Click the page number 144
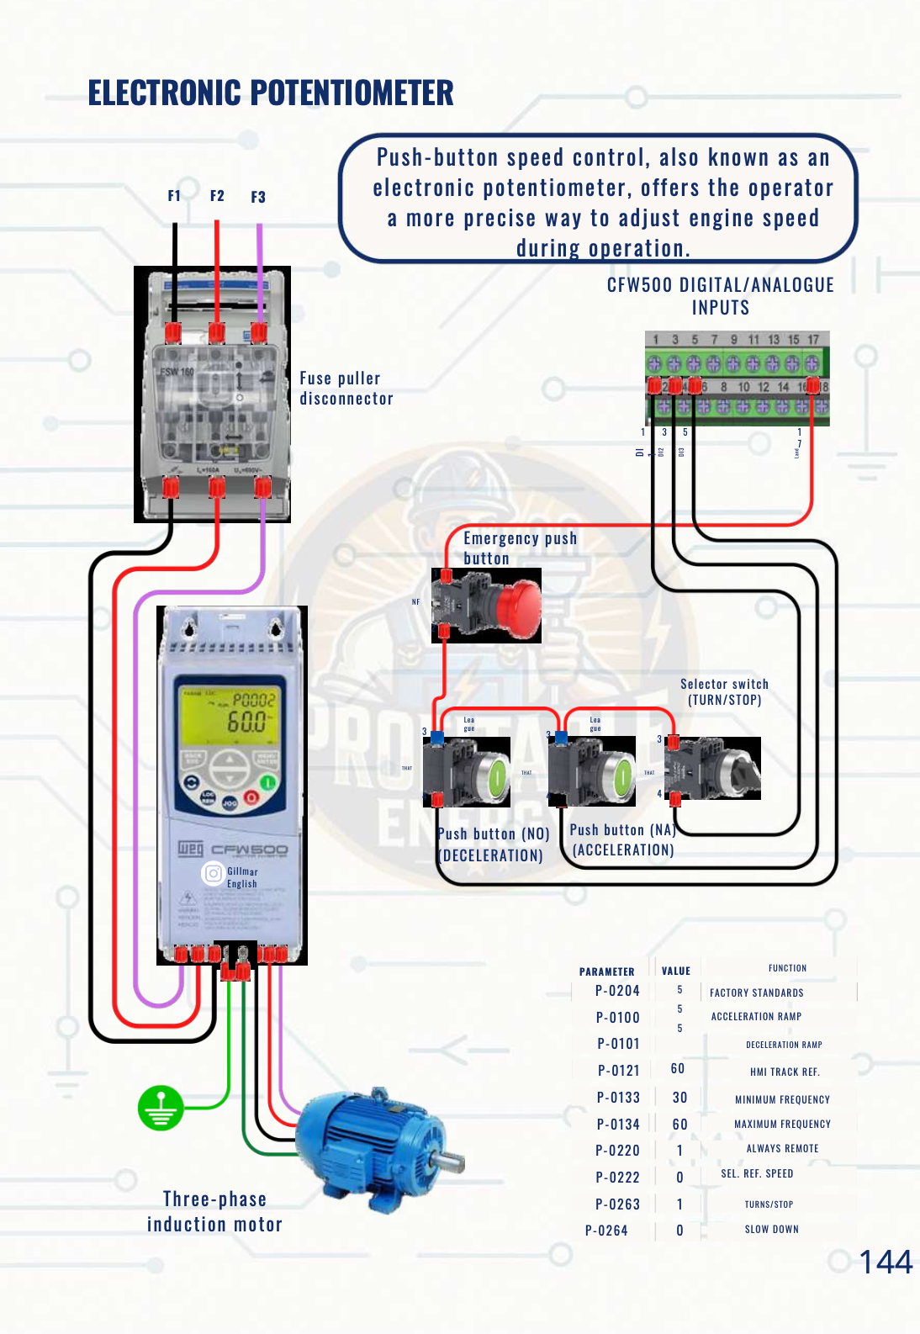coord(885,1262)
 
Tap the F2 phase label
coord(217,196)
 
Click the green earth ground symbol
coord(161,1108)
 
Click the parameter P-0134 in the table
coord(618,1125)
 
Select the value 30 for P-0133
coord(679,1098)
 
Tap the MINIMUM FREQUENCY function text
coord(782,1099)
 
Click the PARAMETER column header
coord(606,971)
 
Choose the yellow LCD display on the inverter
coord(230,714)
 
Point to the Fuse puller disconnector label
coord(346,389)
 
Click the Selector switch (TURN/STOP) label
coord(724,692)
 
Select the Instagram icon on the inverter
coord(213,873)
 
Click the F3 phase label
coord(258,197)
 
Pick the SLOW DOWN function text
coord(771,1230)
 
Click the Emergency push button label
coord(519,548)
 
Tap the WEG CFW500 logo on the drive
coord(232,850)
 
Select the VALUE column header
coord(675,971)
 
